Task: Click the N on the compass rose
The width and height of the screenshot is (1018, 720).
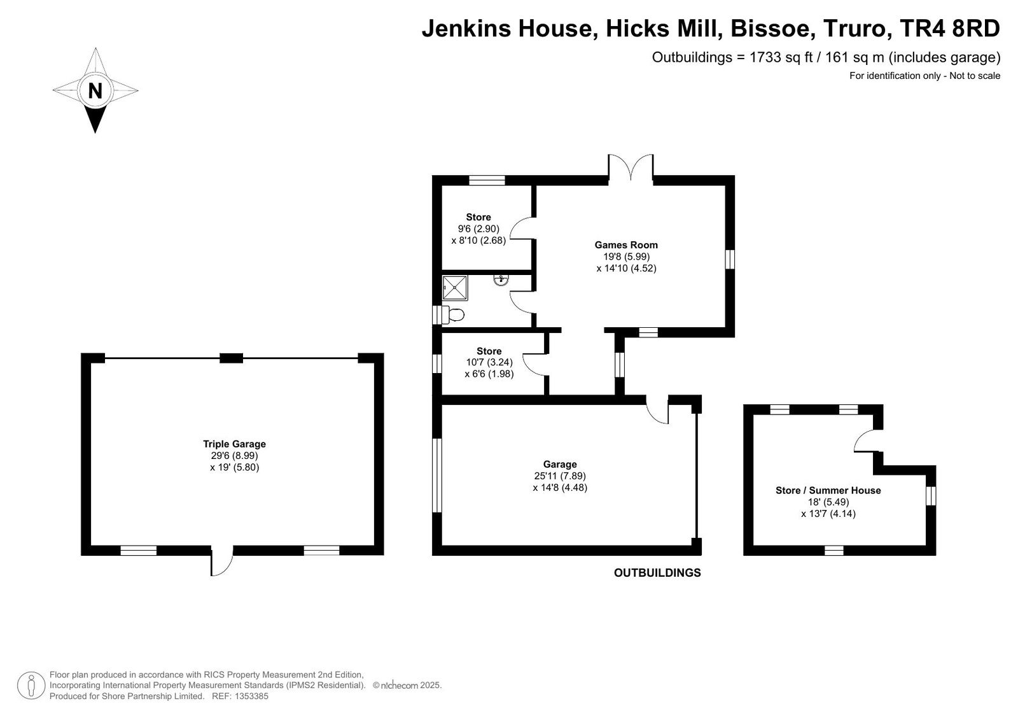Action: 95,91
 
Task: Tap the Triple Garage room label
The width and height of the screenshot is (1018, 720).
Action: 234,444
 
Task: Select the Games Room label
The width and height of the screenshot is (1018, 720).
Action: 626,244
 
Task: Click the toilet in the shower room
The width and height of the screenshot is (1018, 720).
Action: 452,314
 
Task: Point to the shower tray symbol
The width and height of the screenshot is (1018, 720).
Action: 455,288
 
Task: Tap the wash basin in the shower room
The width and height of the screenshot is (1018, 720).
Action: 501,279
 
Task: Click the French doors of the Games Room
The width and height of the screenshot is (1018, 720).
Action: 631,168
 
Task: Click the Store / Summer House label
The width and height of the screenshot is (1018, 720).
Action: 828,490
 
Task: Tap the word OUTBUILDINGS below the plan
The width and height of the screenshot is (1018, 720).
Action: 657,573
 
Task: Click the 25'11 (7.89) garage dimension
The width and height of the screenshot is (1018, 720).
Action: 560,476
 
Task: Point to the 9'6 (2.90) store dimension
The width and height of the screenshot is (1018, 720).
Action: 478,229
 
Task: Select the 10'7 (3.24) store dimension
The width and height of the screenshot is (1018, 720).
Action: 489,362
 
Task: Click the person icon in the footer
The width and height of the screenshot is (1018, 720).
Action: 31,686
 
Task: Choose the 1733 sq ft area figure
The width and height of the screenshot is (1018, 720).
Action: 781,57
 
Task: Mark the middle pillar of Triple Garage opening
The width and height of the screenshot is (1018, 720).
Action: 232,358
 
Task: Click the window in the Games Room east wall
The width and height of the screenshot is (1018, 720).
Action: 729,259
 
